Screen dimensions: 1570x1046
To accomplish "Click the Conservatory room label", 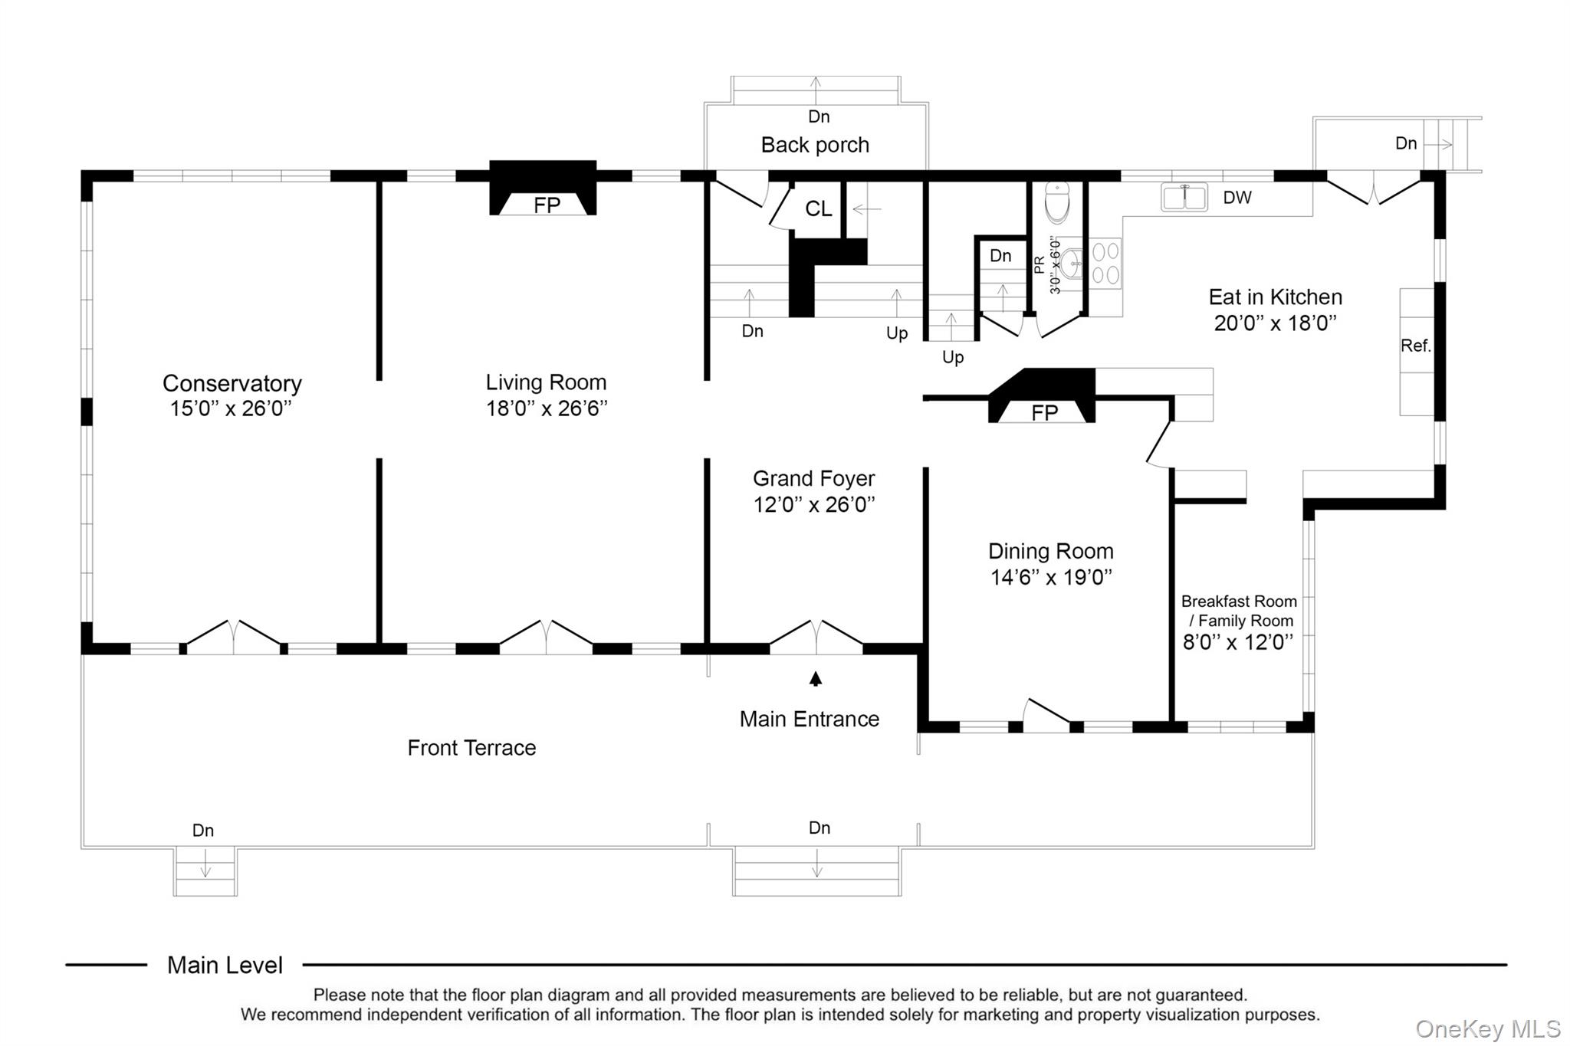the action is [232, 383].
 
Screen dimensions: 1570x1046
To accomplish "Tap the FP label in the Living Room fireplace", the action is [547, 205].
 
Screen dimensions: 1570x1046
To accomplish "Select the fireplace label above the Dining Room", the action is [1044, 413].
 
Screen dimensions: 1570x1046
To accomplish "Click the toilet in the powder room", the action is [1056, 201].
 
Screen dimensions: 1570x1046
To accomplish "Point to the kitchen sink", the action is [1184, 197].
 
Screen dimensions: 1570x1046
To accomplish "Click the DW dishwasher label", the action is [1237, 198].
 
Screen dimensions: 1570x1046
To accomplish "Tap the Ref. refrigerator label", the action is [1416, 346].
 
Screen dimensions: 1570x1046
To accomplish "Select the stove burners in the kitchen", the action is [1105, 263].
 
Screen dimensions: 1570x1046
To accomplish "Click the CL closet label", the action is [818, 208].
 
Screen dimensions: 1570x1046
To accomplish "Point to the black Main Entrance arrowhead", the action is [816, 679].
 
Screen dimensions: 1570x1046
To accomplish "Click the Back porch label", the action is [815, 145].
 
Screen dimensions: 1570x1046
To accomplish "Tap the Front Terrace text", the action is [471, 748].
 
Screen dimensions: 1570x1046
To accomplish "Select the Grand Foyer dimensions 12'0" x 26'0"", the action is [814, 504].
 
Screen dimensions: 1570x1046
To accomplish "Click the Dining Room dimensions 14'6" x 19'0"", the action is [1051, 577].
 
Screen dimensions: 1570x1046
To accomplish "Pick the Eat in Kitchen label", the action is [1275, 297].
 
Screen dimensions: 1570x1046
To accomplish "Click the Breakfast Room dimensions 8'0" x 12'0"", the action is [1238, 642].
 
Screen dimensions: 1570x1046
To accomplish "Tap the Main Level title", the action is [225, 965].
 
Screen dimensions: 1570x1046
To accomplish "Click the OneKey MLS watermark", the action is [1488, 1028].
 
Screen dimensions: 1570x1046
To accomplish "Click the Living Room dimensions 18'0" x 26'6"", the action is [547, 408].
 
